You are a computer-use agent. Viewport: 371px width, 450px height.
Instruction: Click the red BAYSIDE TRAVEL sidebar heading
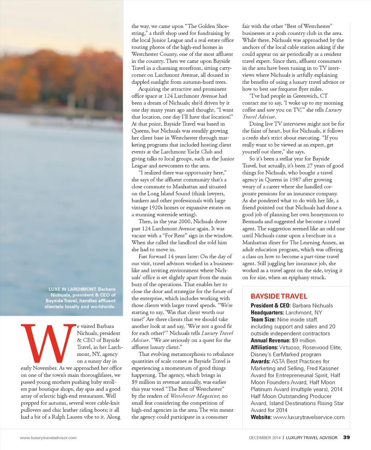click(x=279, y=296)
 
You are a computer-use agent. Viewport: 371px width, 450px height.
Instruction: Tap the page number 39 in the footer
click(x=346, y=437)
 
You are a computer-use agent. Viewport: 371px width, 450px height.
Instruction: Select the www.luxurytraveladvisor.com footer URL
click(x=48, y=438)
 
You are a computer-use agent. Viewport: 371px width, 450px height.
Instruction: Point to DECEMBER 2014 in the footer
click(x=264, y=438)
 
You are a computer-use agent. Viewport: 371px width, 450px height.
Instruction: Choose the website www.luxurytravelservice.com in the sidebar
click(x=309, y=417)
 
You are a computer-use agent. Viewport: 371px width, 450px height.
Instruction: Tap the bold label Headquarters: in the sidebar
click(x=267, y=312)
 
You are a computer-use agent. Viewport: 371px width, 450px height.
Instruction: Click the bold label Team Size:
click(x=263, y=319)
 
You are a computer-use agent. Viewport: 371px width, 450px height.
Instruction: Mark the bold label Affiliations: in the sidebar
click(x=264, y=347)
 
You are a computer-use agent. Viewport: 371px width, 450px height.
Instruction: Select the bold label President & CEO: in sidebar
click(x=270, y=306)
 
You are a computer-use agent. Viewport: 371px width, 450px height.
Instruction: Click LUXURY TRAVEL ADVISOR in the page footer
click(x=312, y=438)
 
